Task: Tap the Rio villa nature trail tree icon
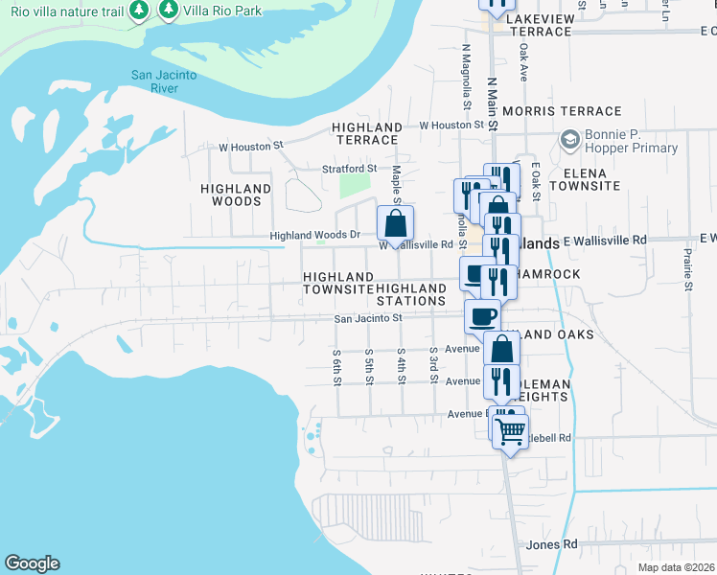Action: click(x=140, y=10)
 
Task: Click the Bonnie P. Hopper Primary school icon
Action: click(x=570, y=140)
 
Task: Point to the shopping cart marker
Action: click(x=510, y=431)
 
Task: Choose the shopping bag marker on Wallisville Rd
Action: click(x=395, y=225)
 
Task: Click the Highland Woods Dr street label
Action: click(x=314, y=235)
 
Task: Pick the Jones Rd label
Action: click(x=552, y=544)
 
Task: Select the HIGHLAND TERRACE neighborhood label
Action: click(x=366, y=133)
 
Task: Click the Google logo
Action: click(x=32, y=563)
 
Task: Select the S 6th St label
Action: click(x=337, y=367)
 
